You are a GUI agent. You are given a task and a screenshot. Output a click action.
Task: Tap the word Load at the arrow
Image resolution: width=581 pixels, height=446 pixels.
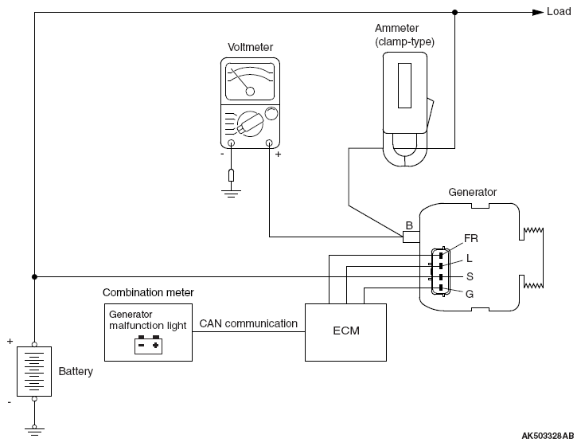(x=559, y=11)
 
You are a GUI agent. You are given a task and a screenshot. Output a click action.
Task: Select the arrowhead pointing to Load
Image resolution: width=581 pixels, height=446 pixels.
(x=538, y=12)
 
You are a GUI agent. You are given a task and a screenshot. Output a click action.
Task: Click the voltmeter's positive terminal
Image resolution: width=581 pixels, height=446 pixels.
(x=269, y=143)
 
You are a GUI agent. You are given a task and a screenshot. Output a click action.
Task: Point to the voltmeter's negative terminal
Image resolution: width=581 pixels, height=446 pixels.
(x=231, y=143)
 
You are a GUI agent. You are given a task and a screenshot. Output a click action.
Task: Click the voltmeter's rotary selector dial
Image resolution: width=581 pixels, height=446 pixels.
(x=250, y=123)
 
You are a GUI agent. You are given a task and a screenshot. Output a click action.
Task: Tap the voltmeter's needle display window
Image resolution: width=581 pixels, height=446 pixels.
(x=250, y=81)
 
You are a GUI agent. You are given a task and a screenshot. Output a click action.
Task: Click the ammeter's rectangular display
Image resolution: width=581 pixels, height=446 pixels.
(x=404, y=85)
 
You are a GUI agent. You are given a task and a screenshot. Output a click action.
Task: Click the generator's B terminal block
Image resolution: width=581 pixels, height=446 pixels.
(x=411, y=237)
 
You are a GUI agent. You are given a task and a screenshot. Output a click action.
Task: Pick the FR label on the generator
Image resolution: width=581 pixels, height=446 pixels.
(x=471, y=238)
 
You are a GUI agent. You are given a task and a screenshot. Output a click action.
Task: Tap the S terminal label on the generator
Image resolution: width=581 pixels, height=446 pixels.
(x=470, y=276)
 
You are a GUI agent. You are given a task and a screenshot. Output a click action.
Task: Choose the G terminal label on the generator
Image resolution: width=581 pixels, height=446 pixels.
(x=470, y=294)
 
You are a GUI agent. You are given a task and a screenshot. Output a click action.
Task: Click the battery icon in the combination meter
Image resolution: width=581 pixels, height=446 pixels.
(x=148, y=345)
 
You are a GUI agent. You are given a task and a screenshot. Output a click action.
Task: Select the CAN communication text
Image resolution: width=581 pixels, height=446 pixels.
(x=248, y=323)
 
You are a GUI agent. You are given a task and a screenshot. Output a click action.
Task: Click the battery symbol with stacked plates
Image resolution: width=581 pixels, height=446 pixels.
(x=34, y=371)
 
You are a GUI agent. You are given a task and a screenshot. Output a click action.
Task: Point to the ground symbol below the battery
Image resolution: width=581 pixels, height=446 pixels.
(x=34, y=431)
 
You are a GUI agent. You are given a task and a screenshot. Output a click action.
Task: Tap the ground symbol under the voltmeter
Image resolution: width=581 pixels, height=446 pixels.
(x=231, y=194)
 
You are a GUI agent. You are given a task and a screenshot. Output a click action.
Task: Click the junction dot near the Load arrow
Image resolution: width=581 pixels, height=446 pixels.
(x=455, y=12)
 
